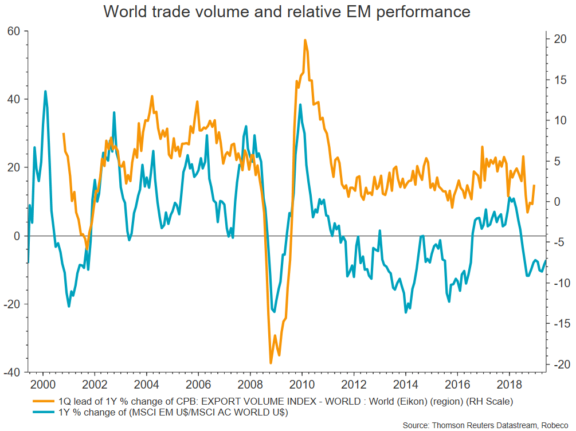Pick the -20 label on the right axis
(558, 365)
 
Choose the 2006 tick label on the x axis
(198, 384)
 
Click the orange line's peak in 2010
(305, 40)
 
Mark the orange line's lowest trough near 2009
(271, 363)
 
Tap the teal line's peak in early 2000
(45, 91)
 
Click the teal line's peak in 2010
(300, 105)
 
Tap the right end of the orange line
(534, 185)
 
